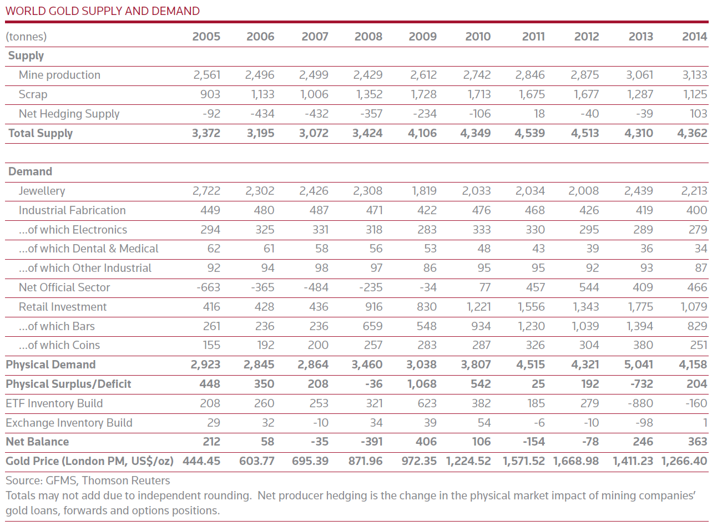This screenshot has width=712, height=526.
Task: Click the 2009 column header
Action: [x=422, y=36]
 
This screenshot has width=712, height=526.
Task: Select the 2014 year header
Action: [x=694, y=36]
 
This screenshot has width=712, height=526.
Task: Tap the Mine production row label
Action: [x=59, y=75]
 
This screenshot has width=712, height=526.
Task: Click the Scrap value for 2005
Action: [x=210, y=94]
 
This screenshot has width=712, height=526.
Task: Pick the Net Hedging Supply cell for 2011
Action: [x=539, y=114]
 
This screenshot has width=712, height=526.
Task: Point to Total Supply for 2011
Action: [x=529, y=133]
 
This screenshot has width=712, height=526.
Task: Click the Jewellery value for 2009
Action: [x=424, y=191]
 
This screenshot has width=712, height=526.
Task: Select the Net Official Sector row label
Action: [x=64, y=287]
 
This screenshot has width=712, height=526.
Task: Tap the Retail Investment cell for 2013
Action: [x=640, y=307]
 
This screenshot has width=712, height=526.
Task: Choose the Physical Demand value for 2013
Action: [x=638, y=365]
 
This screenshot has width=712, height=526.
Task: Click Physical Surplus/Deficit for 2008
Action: [x=373, y=384]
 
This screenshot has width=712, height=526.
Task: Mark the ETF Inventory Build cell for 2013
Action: [x=640, y=403]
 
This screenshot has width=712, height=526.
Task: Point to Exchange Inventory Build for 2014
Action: [x=705, y=423]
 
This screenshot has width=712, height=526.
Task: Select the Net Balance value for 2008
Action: [x=371, y=442]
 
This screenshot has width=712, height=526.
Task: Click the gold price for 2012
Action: [x=576, y=461]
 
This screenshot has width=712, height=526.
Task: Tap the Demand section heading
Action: [x=30, y=171]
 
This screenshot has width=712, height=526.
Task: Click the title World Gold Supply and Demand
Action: [x=103, y=11]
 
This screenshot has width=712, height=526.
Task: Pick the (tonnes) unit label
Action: [x=26, y=37]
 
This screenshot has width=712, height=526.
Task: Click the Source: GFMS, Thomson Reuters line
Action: [x=88, y=481]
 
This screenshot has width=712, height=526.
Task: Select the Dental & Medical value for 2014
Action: [x=701, y=249]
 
